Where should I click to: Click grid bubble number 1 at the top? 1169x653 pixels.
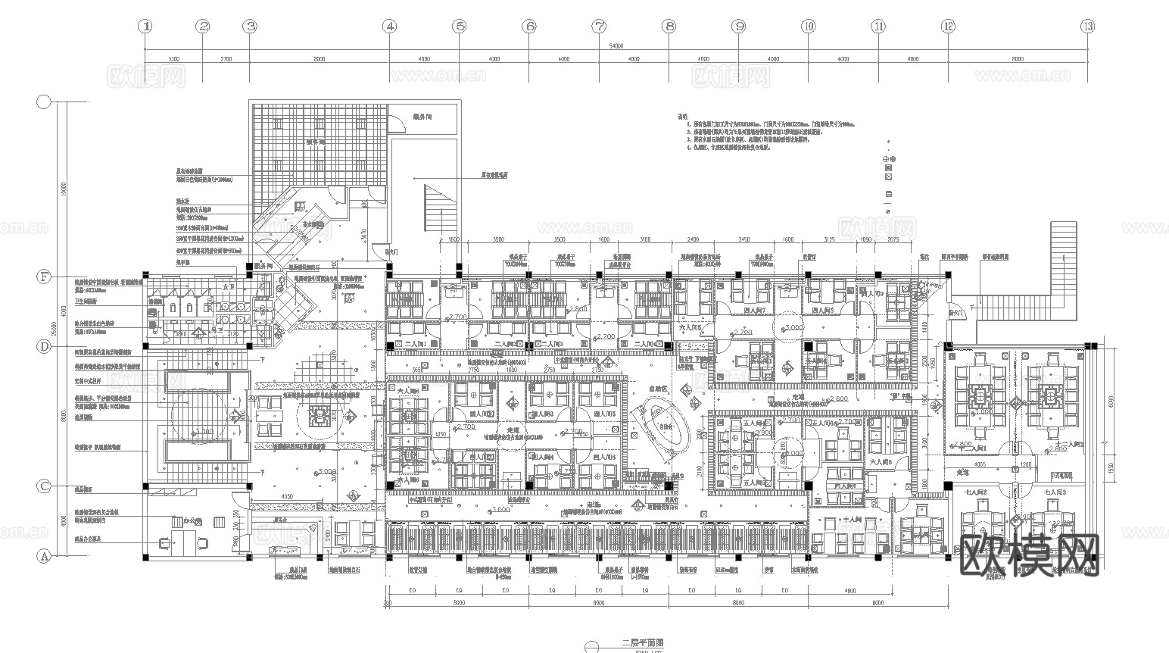145,27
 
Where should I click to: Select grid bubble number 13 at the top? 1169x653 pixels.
1088,27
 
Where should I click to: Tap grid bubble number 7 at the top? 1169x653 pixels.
599,27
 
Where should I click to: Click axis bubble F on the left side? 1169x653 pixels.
44,277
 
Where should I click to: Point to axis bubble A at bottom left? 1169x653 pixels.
44,557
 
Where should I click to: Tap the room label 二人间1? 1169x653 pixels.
417,344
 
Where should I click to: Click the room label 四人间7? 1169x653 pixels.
753,311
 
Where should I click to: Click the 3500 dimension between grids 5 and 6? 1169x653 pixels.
498,239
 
